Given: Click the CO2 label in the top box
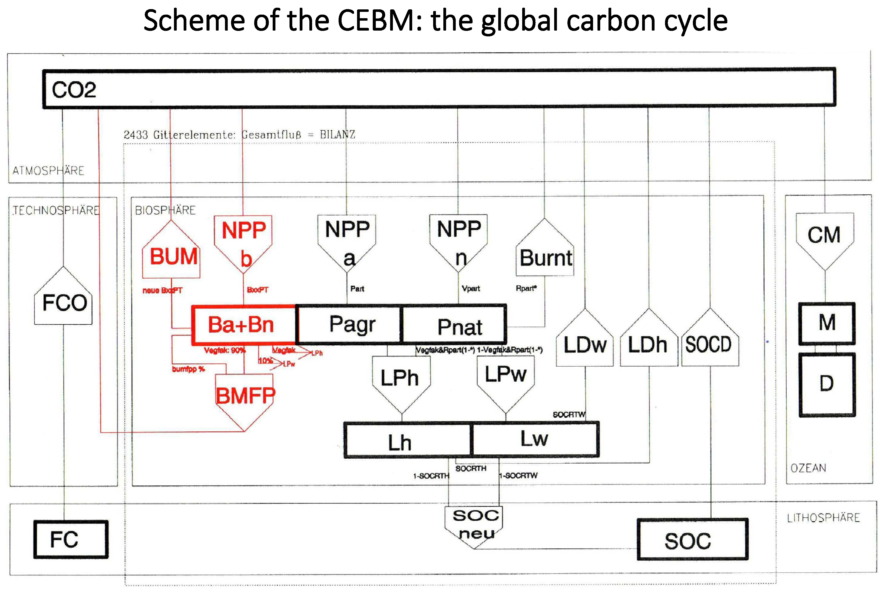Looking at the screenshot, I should [74, 90].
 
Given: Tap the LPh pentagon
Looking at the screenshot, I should [400, 380].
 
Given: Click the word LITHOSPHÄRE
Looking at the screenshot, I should [823, 518].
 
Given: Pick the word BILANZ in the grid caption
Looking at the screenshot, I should [337, 134].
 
